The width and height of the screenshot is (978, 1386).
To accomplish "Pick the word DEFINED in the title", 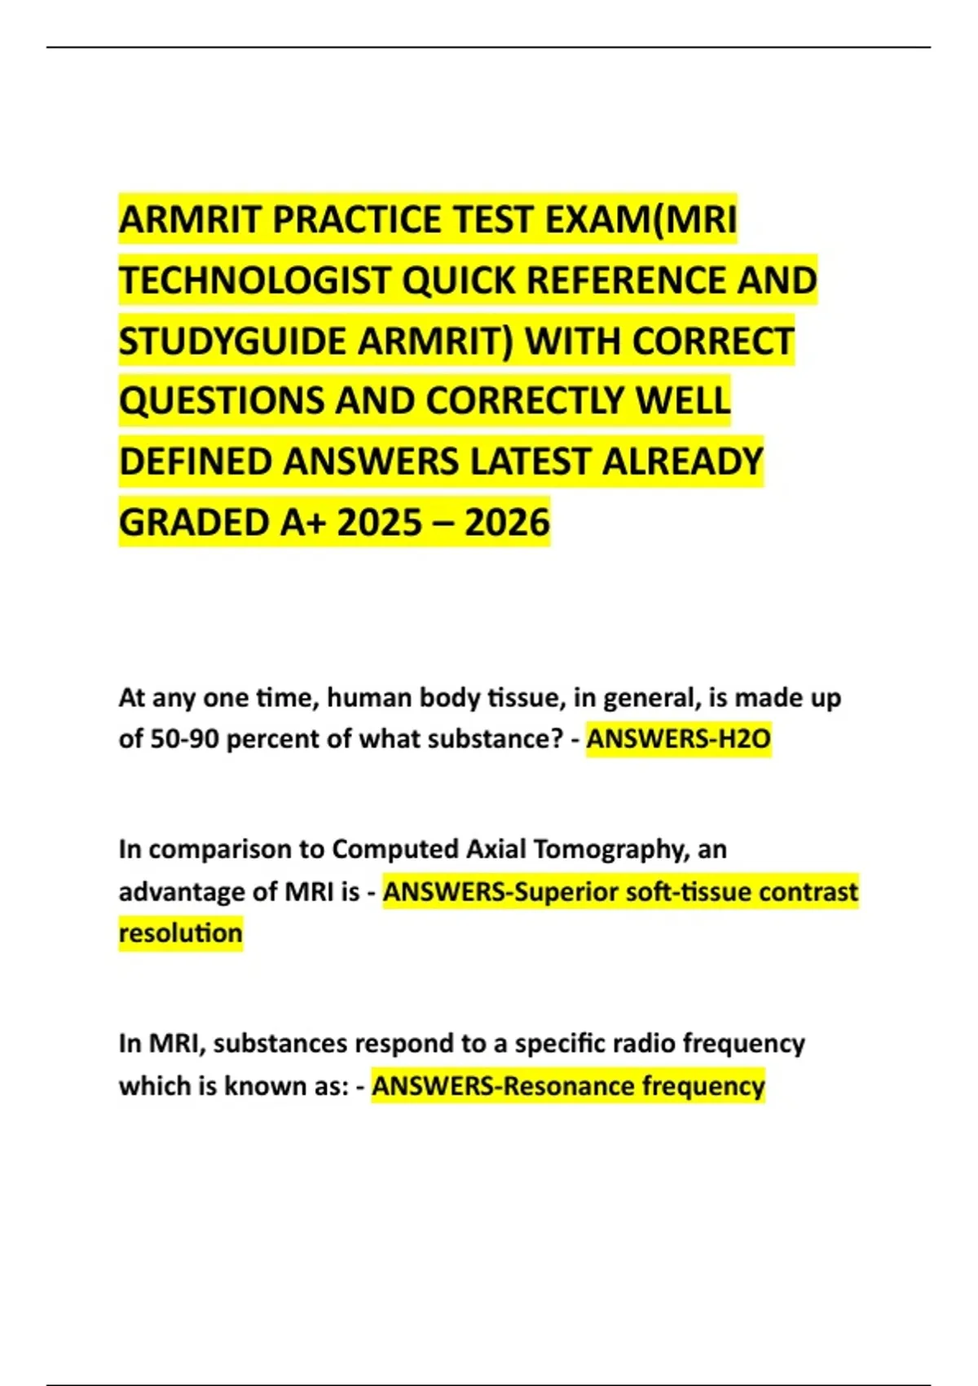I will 196,462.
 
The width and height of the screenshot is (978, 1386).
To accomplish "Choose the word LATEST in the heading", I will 529,462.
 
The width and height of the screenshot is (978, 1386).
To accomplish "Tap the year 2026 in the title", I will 507,523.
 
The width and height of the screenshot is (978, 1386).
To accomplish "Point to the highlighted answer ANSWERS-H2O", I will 678,739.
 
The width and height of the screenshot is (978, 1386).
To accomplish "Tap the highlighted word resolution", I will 180,933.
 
